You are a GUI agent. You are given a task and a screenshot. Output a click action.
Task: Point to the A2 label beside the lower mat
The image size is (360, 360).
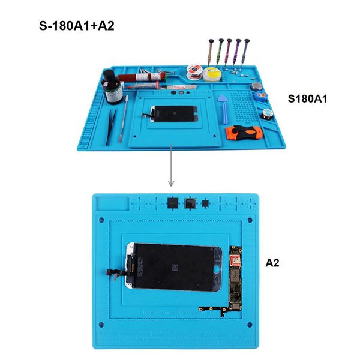(x=273, y=262)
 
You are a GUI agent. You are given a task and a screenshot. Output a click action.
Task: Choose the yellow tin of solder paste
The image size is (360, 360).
(x=211, y=74)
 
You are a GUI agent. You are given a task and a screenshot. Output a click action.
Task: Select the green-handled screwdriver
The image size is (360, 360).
(x=221, y=50)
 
